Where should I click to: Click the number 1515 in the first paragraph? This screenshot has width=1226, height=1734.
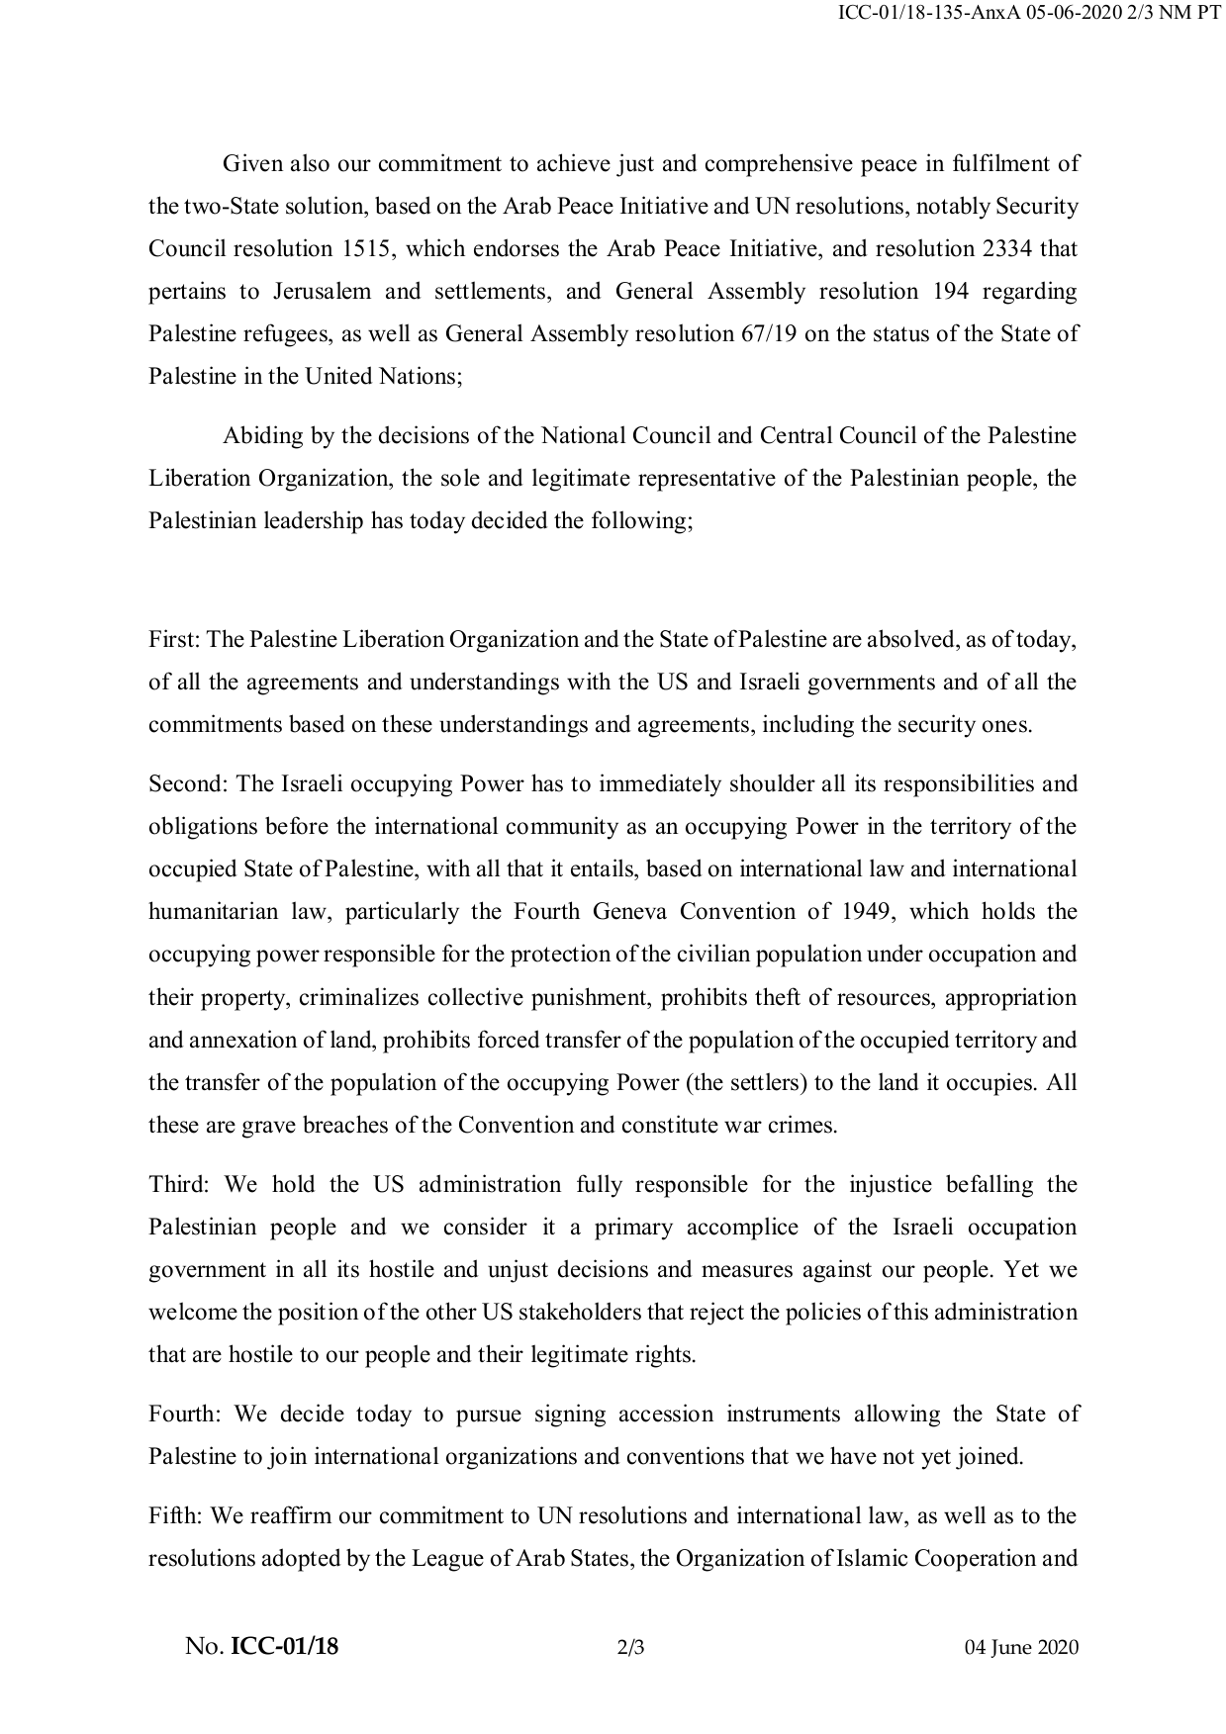366,249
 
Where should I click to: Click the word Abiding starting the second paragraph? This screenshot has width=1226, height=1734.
260,436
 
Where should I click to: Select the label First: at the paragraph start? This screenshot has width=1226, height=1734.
175,640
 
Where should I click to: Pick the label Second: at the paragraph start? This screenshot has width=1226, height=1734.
189,784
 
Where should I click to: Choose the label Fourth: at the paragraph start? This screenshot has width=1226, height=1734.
185,1415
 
